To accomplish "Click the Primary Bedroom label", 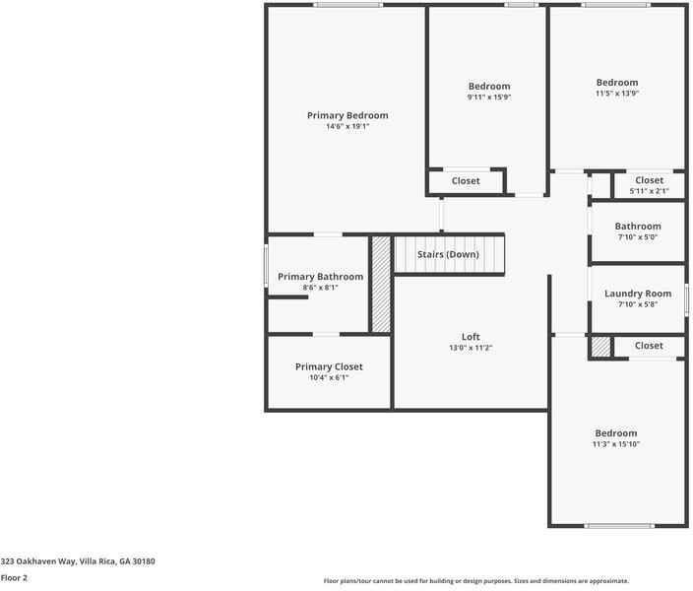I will pyautogui.click(x=346, y=115).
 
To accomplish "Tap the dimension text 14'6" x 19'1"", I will pyautogui.click(x=346, y=127).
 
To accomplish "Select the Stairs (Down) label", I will pyautogui.click(x=448, y=255).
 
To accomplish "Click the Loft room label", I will pyautogui.click(x=471, y=337).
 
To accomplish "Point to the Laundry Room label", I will pyautogui.click(x=638, y=294).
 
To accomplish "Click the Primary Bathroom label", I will pyautogui.click(x=320, y=277).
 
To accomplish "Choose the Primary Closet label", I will pyautogui.click(x=329, y=366).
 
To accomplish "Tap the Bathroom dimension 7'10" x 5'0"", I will pyautogui.click(x=638, y=237).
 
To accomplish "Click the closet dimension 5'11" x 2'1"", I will pyautogui.click(x=649, y=191).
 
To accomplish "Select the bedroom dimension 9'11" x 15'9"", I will pyautogui.click(x=489, y=98).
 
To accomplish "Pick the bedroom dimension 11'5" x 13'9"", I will pyautogui.click(x=617, y=94).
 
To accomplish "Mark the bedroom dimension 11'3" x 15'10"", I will pyautogui.click(x=616, y=444).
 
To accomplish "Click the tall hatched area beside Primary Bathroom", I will pyautogui.click(x=381, y=285).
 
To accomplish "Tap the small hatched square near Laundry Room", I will pyautogui.click(x=599, y=347).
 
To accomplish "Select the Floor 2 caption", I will pyautogui.click(x=14, y=578).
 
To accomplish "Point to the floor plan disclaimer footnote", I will pyautogui.click(x=475, y=581).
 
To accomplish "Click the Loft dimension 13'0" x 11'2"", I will pyautogui.click(x=471, y=348).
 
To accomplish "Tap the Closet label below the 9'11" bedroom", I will pyautogui.click(x=466, y=181).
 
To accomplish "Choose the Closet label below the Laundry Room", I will pyautogui.click(x=649, y=346).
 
